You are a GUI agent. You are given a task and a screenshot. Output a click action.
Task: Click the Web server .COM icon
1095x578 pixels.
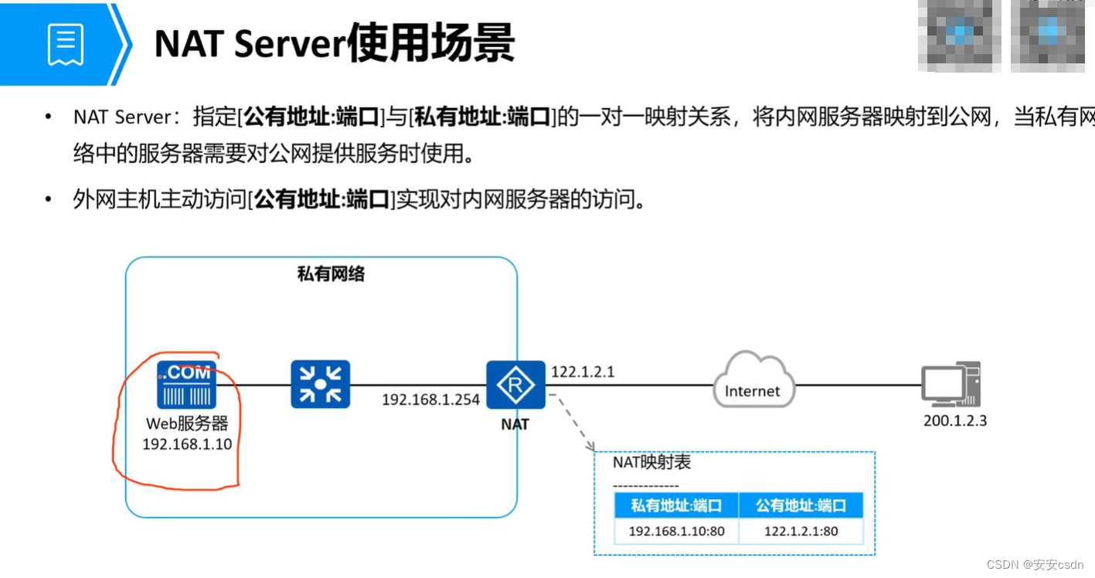(x=186, y=384)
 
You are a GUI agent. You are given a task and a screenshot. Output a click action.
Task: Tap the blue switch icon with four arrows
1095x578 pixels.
(x=320, y=384)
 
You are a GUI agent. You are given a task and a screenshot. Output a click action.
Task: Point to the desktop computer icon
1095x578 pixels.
(x=950, y=385)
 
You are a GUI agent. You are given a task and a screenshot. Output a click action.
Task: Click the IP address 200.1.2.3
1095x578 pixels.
(x=955, y=421)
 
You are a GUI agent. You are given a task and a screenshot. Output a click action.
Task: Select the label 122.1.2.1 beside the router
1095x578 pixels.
(x=583, y=372)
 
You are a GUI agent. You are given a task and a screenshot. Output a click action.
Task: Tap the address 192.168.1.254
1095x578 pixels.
(x=430, y=400)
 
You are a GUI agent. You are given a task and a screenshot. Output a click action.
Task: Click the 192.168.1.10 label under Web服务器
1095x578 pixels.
(x=187, y=444)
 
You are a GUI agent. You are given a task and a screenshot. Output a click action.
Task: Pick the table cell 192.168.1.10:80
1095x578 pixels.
(x=676, y=531)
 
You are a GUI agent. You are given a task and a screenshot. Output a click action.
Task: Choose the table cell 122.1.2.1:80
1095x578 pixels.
(x=801, y=531)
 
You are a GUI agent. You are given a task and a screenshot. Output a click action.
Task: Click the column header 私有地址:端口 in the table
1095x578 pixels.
(x=676, y=505)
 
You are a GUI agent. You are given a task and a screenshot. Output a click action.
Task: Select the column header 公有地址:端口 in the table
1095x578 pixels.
(x=801, y=505)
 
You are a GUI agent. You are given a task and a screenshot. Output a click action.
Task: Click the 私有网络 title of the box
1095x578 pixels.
(x=331, y=274)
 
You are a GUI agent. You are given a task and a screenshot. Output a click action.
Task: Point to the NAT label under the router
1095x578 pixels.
(x=515, y=424)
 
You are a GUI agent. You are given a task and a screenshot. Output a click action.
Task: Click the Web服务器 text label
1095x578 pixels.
(x=187, y=424)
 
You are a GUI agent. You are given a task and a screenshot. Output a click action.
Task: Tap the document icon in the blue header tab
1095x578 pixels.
(x=65, y=44)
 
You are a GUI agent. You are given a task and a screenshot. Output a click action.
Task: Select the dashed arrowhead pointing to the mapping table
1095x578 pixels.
(x=591, y=446)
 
